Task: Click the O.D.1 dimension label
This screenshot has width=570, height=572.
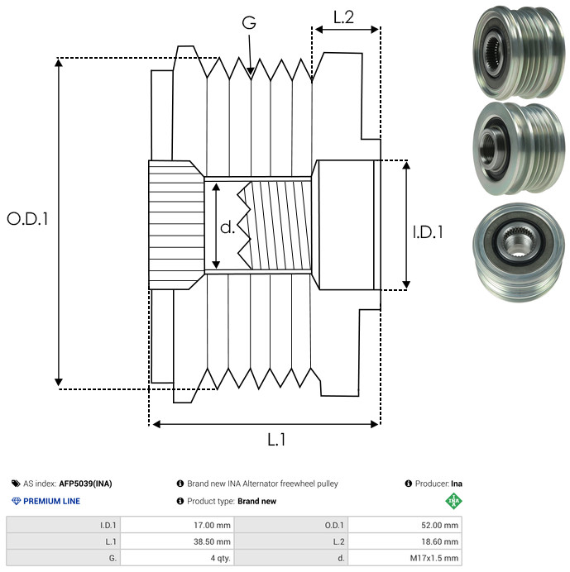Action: click(x=28, y=220)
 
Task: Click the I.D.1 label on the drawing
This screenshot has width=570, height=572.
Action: click(x=428, y=232)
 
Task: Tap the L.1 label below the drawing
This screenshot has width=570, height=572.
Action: click(x=275, y=441)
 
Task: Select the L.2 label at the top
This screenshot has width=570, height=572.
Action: click(x=344, y=17)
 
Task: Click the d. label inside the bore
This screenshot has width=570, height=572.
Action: click(x=228, y=227)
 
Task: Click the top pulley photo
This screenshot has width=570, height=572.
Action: click(x=514, y=51)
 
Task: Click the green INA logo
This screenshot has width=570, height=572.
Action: click(x=453, y=501)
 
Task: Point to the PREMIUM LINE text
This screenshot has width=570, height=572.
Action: click(x=52, y=502)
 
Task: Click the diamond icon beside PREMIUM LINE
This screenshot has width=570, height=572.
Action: click(x=16, y=502)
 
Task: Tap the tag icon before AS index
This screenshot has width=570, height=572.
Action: click(x=16, y=484)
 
